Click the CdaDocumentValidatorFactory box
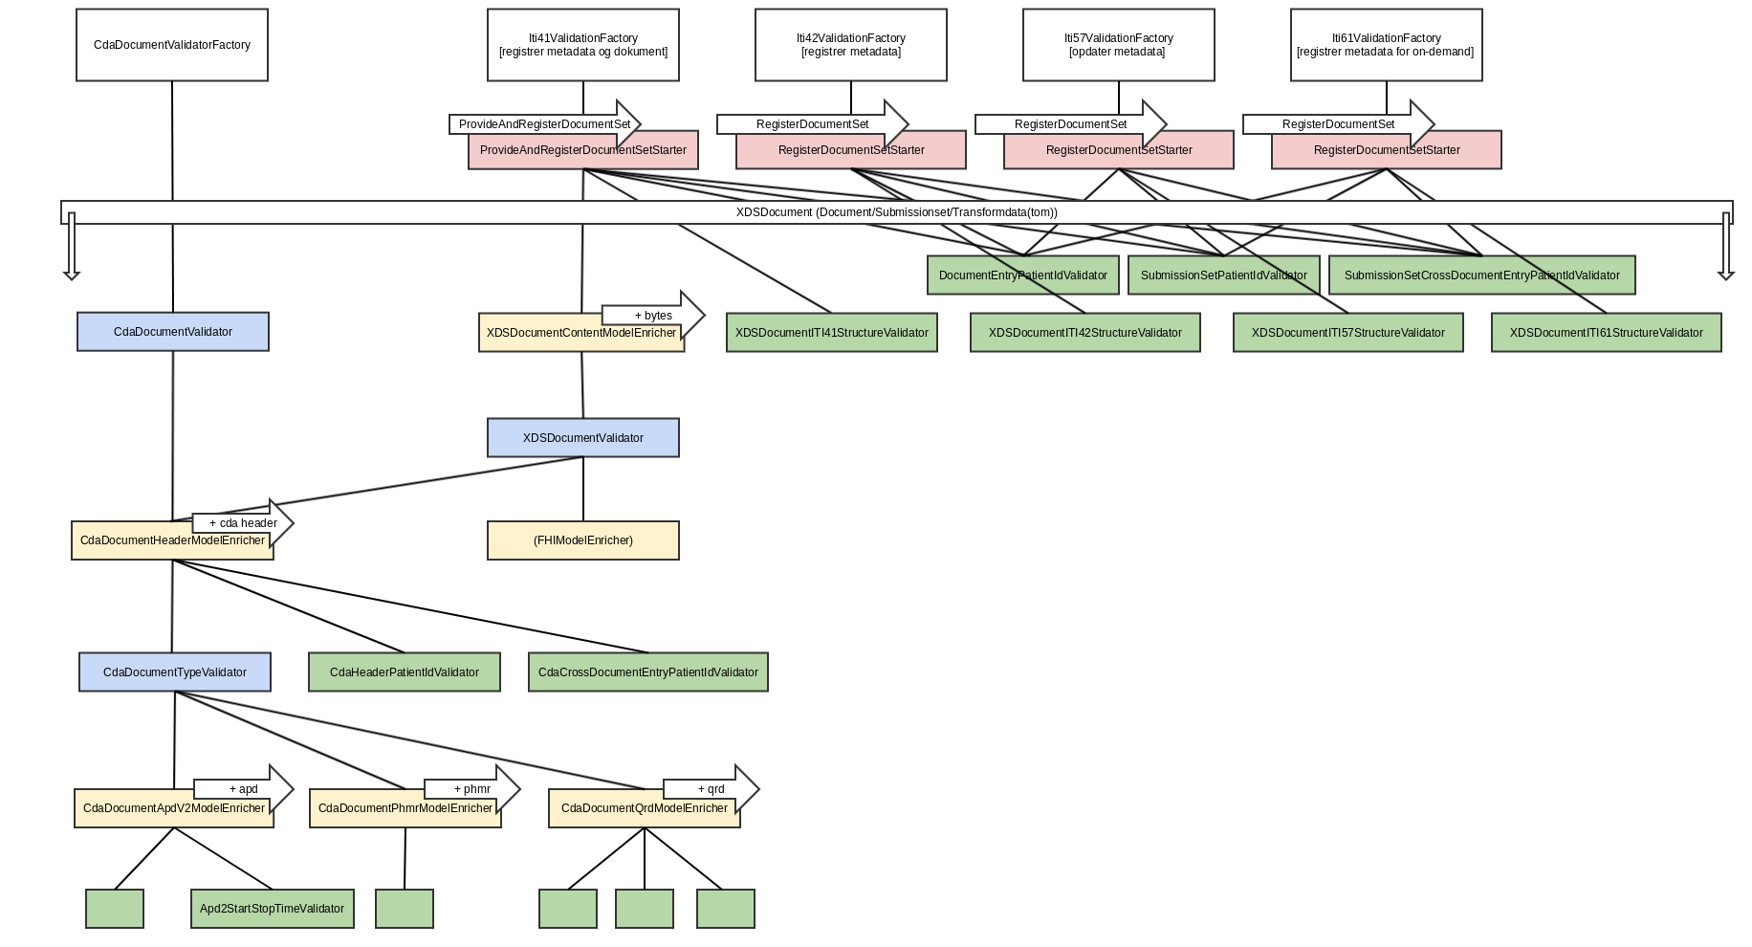tap(172, 45)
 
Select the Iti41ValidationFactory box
tap(583, 45)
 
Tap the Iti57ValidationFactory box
tap(1118, 45)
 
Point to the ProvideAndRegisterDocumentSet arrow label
tap(543, 123)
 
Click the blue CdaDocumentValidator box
tap(173, 332)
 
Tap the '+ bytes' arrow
tap(654, 315)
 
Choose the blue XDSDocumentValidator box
tap(583, 438)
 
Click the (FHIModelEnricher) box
tap(583, 540)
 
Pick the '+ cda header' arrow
tap(243, 522)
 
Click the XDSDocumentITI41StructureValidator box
tap(832, 333)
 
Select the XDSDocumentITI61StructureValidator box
tap(1607, 333)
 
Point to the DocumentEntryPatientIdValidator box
tap(1023, 275)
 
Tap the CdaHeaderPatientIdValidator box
tap(405, 672)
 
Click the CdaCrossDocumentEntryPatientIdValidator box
tap(648, 672)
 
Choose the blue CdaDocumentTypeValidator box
tap(175, 672)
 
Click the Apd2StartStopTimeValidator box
tap(273, 909)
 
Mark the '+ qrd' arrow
tap(712, 789)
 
